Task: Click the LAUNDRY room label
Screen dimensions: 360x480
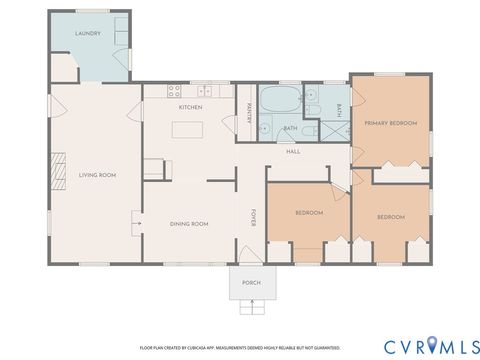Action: click(87, 33)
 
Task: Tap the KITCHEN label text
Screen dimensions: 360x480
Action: click(190, 107)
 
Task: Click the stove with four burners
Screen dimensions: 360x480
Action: click(152, 167)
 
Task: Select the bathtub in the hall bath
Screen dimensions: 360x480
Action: click(279, 100)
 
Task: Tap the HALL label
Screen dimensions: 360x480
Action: click(293, 151)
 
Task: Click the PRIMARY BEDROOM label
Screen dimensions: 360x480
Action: click(389, 123)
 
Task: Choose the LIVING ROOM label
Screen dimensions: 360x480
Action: click(98, 175)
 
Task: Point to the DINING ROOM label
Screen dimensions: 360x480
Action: click(188, 224)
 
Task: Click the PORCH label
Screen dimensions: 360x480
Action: click(251, 283)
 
